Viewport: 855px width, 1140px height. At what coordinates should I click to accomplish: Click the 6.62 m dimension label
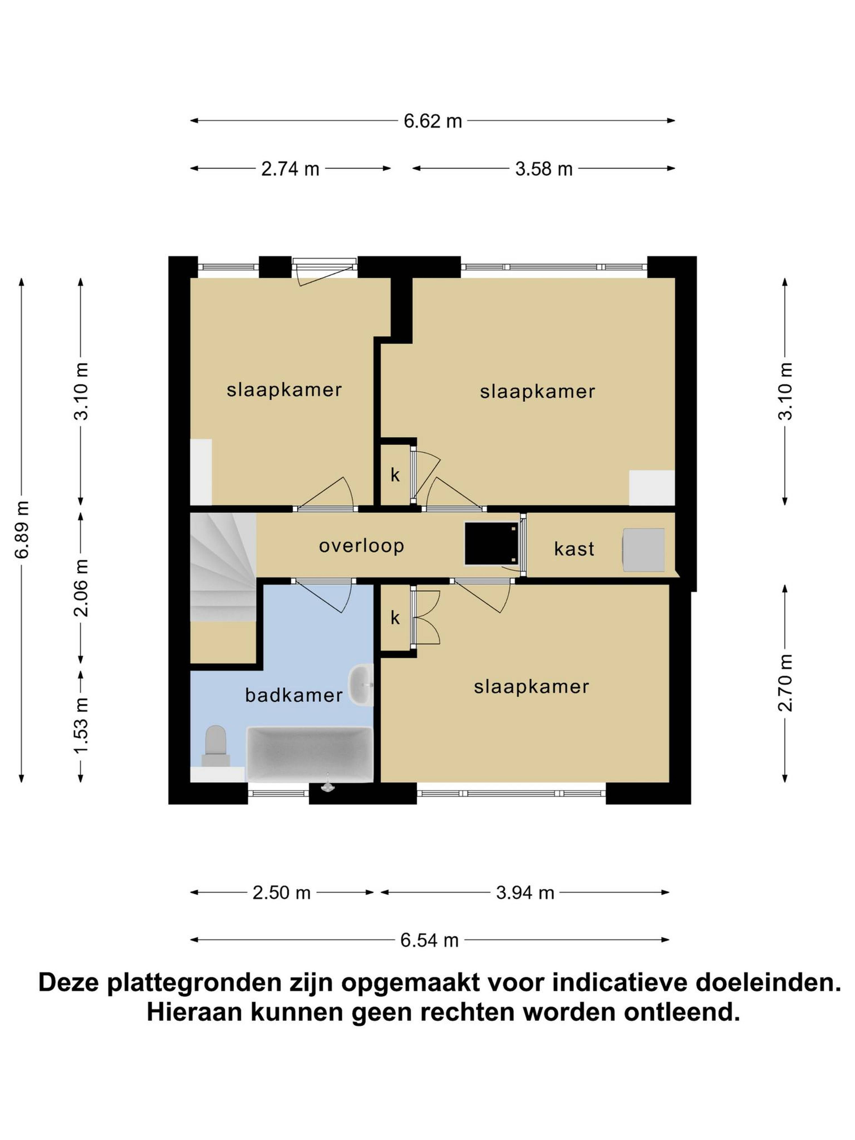pos(432,121)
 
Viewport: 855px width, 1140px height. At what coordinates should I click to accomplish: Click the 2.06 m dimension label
pos(81,588)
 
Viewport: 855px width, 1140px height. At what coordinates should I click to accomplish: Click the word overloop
pos(361,546)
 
